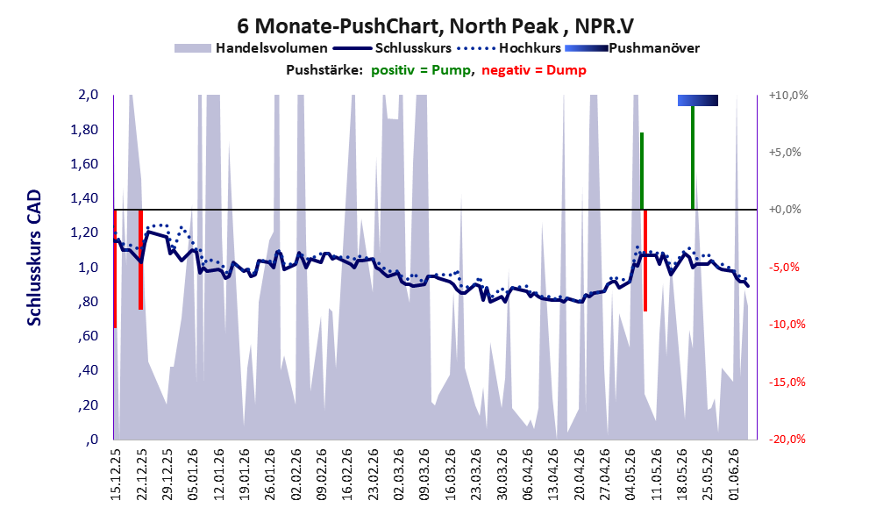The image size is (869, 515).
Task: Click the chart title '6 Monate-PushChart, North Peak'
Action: pyautogui.click(x=398, y=26)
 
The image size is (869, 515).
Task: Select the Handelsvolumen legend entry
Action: pyautogui.click(x=251, y=48)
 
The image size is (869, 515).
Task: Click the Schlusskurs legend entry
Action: pyautogui.click(x=393, y=48)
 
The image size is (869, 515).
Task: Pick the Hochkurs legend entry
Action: pyautogui.click(x=509, y=48)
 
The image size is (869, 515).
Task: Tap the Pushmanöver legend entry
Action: pyautogui.click(x=632, y=48)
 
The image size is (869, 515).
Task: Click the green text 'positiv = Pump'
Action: pyautogui.click(x=421, y=70)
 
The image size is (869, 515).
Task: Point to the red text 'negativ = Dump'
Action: pyautogui.click(x=534, y=70)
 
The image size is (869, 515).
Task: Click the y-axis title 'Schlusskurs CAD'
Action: pyautogui.click(x=34, y=258)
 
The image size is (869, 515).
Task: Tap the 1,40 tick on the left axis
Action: pyautogui.click(x=84, y=198)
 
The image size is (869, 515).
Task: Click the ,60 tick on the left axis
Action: pyautogui.click(x=88, y=336)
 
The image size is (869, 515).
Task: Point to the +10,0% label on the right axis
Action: pyautogui.click(x=788, y=96)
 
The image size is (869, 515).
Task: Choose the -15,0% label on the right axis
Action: pyautogui.click(x=787, y=382)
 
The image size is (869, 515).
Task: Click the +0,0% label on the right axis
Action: pyautogui.click(x=785, y=210)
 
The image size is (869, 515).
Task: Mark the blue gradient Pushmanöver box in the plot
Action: pyautogui.click(x=698, y=100)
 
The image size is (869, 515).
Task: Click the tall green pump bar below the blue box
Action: pyautogui.click(x=693, y=157)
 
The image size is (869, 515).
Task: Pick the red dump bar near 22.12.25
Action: pyautogui.click(x=141, y=260)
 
